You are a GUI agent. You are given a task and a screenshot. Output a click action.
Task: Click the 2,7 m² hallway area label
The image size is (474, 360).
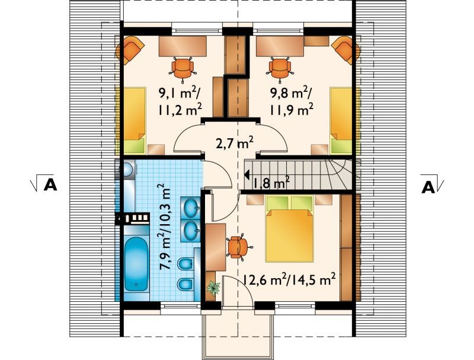(235, 143)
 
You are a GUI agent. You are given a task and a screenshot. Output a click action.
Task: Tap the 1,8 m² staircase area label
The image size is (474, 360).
(271, 183)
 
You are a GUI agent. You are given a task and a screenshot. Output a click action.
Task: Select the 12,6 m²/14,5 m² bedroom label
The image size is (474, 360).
(289, 280)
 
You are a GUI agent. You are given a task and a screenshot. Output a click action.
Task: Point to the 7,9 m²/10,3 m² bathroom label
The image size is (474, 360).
(165, 227)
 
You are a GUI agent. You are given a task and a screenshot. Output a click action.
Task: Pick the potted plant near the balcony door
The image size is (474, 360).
(213, 288)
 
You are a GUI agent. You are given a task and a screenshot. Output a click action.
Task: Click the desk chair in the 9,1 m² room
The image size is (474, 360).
(182, 69)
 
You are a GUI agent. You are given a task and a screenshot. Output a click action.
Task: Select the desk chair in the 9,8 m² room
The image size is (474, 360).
(280, 69)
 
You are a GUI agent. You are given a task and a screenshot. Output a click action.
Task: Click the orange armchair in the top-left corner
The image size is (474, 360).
(130, 50)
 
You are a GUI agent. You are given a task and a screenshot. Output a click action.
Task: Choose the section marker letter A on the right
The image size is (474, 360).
(428, 187)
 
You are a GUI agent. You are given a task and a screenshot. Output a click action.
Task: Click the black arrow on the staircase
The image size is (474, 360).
(246, 174)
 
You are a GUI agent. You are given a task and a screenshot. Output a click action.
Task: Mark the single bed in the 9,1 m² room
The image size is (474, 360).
(133, 120)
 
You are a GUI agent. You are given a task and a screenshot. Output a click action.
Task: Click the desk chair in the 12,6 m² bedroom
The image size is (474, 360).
(238, 247)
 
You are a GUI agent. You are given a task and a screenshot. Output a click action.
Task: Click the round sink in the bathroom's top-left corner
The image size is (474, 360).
(128, 170)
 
